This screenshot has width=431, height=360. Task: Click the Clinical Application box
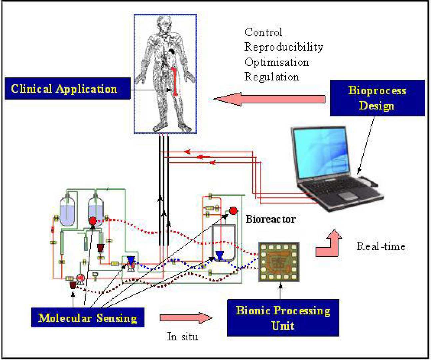coord(67,89)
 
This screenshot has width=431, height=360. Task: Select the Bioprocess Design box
coord(377,98)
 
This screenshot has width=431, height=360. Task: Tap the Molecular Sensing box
coord(88,318)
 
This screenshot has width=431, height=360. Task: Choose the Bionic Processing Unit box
coord(283,318)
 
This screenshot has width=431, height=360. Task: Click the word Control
coord(263,32)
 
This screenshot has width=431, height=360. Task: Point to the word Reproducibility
coord(283,47)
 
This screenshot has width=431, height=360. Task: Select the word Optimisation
coord(276,62)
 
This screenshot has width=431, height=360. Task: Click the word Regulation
coord(271,77)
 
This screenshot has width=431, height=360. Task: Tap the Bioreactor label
coord(270,219)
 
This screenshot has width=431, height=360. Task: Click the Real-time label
coord(381,246)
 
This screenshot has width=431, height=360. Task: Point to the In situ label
coord(182,336)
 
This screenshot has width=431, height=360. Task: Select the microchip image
coord(279,262)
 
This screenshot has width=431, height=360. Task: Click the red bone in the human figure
coord(174,80)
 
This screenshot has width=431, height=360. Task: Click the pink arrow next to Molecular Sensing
coord(186,318)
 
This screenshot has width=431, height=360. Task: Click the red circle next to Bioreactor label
coord(233,211)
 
